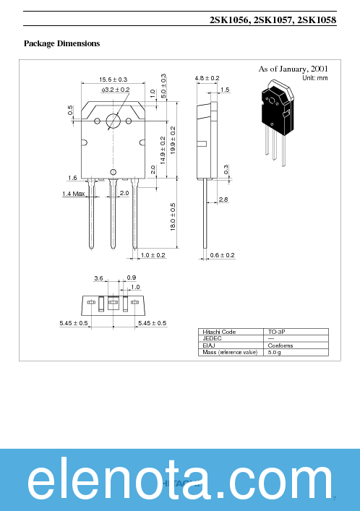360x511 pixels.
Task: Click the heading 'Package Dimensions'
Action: click(61, 43)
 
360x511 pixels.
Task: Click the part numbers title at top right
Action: click(273, 21)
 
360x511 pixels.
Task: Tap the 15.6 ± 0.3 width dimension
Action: click(113, 79)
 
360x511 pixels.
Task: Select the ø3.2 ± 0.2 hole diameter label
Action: click(116, 89)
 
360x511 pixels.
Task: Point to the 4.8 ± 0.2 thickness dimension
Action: click(207, 78)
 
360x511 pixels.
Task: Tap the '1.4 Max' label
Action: click(74, 194)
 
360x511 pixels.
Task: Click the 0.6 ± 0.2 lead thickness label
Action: click(223, 255)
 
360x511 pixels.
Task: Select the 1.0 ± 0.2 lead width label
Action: click(153, 255)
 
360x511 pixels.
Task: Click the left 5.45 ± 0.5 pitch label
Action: click(74, 323)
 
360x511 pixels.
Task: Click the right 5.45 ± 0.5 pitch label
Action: click(152, 323)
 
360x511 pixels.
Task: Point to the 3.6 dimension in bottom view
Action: click(98, 278)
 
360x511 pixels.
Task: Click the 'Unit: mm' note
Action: click(314, 77)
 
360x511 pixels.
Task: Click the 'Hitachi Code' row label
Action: click(218, 332)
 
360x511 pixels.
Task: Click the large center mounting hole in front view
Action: click(113, 121)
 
